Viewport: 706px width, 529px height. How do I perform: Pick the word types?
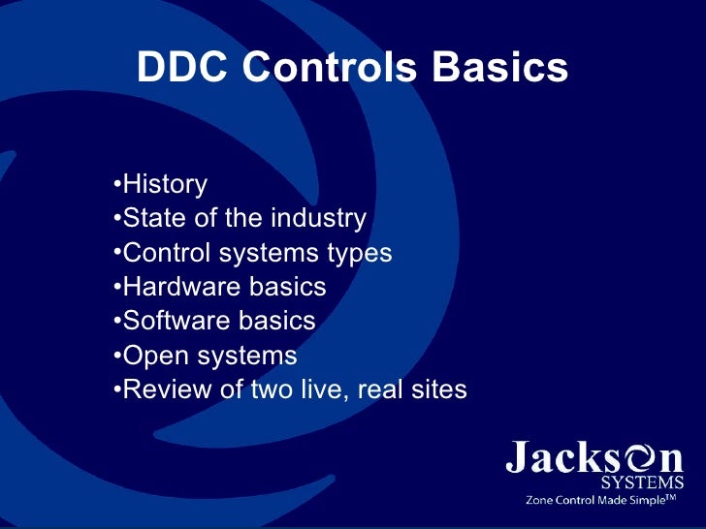359,254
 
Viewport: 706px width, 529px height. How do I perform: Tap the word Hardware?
179,288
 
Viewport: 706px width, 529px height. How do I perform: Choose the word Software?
175,321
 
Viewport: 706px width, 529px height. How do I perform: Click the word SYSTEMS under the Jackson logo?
642,482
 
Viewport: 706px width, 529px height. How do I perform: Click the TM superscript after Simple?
669,497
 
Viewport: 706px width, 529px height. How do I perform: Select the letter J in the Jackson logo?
519,456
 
